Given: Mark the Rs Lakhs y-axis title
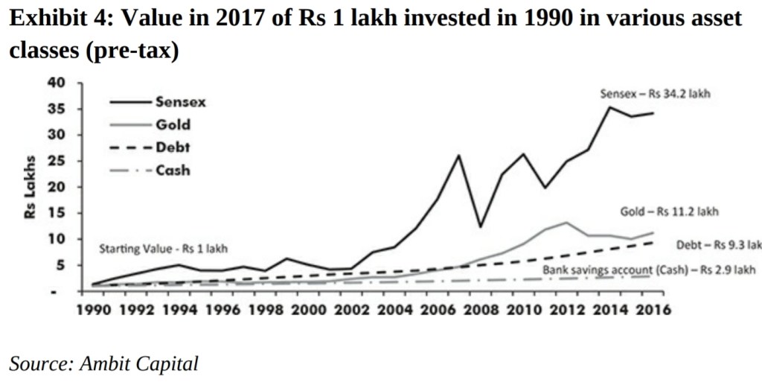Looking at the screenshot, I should (32, 187).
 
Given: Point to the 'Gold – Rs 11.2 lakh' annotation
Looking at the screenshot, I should (670, 212).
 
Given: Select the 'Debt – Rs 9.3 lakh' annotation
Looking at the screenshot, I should (717, 245).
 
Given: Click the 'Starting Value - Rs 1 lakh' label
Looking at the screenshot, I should (164, 249).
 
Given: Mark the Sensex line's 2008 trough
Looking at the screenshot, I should (481, 226).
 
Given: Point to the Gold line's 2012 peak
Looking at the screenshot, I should (567, 223).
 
